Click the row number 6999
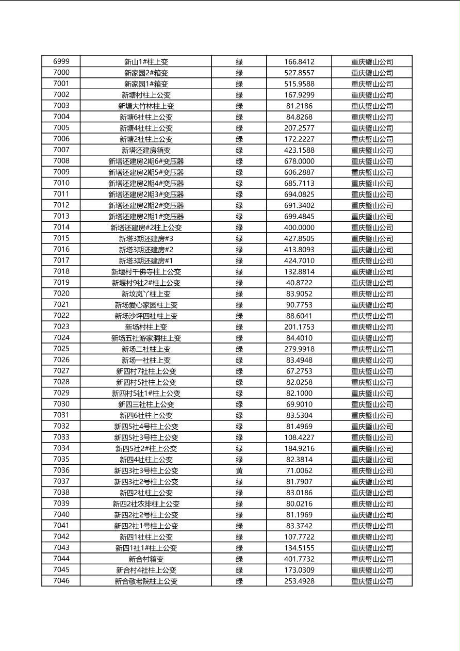[61, 61]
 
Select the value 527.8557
[299, 73]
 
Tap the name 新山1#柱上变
[146, 62]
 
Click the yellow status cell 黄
[239, 470]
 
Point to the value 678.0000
[299, 161]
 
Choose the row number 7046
[61, 581]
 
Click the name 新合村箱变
[146, 559]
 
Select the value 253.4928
[299, 581]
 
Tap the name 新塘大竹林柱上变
[146, 106]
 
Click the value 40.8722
[299, 283]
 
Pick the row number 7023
[61, 327]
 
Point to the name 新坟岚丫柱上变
[146, 294]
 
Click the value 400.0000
[299, 227]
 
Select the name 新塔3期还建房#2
[146, 250]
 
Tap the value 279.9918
[299, 349]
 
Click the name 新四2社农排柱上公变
[146, 504]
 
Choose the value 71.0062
[299, 470]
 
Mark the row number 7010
[61, 183]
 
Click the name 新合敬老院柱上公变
[146, 581]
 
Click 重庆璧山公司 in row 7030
[372, 404]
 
